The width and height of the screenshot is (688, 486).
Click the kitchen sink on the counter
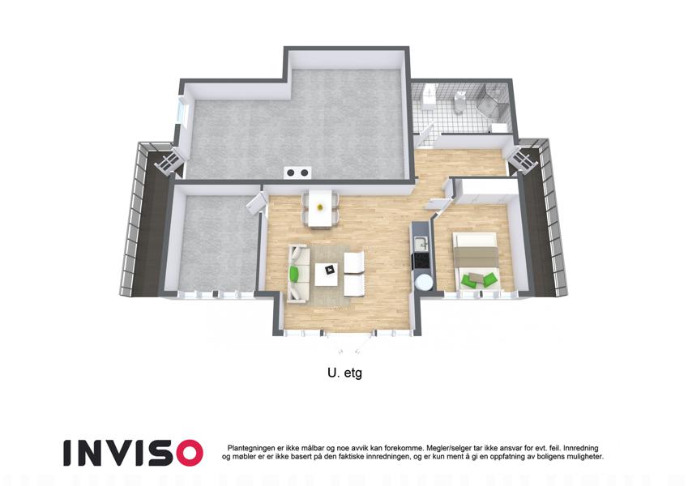pyautogui.click(x=421, y=242)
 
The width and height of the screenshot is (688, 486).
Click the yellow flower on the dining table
pyautogui.click(x=321, y=207)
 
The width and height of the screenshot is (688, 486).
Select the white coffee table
pyautogui.click(x=327, y=274)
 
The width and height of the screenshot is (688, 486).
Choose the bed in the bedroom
pyautogui.click(x=476, y=261)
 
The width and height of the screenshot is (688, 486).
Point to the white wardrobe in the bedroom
pyautogui.click(x=486, y=191)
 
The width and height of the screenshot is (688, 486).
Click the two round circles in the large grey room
pyautogui.click(x=297, y=173)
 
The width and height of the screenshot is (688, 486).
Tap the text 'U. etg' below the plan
pyautogui.click(x=344, y=373)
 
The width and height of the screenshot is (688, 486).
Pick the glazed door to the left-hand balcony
pyautogui.click(x=169, y=160)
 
